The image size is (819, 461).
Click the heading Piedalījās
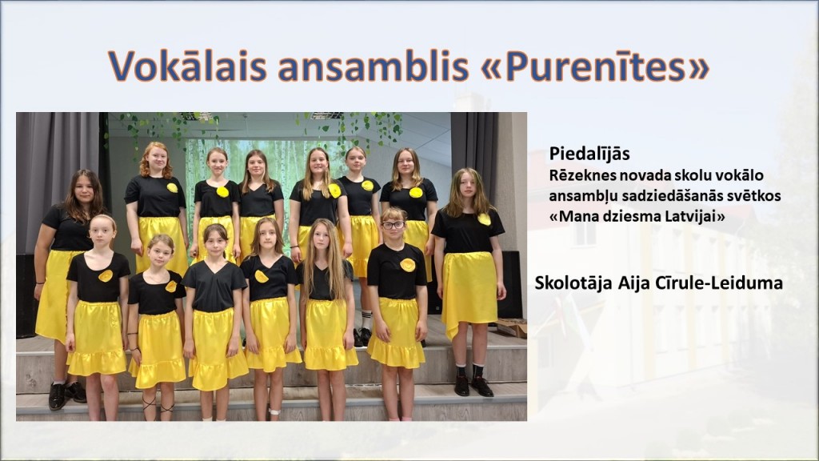click(x=589, y=154)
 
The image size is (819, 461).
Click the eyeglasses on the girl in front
click(x=393, y=225)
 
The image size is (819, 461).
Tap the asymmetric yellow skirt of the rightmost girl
click(x=469, y=288)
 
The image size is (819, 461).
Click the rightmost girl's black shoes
click(x=472, y=386)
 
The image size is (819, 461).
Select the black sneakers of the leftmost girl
click(x=66, y=394)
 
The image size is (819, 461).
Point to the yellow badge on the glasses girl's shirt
click(x=407, y=265)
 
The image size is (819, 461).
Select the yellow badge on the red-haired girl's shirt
click(x=172, y=187)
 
